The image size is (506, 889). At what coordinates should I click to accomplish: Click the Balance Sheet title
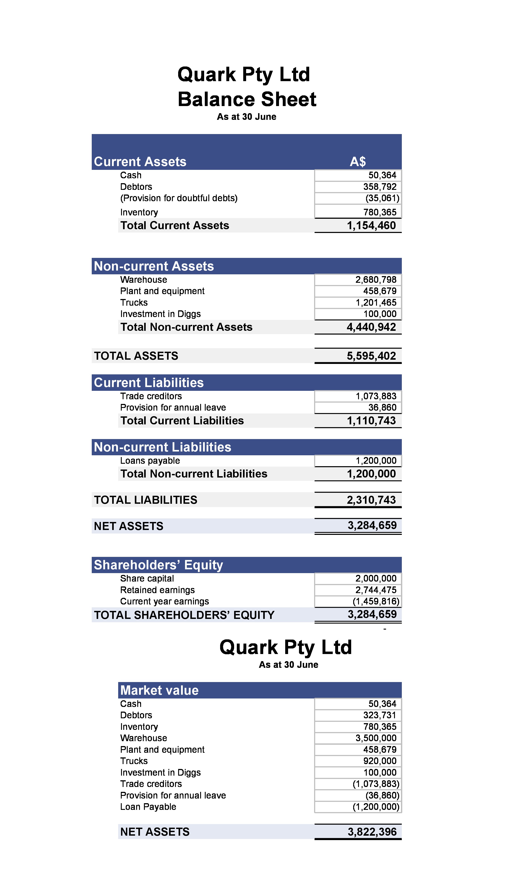(x=247, y=99)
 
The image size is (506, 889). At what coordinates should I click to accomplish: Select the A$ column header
(x=358, y=162)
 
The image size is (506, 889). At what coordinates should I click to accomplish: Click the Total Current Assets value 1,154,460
(x=371, y=226)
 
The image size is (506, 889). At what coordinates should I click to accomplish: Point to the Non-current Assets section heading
(x=154, y=266)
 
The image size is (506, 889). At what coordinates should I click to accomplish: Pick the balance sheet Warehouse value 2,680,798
(x=376, y=280)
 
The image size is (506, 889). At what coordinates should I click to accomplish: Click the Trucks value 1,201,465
(x=376, y=303)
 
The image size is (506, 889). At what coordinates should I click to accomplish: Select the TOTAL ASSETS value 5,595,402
(x=371, y=356)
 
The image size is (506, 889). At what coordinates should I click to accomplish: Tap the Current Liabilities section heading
(x=149, y=383)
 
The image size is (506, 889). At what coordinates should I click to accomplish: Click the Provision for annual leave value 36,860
(x=382, y=408)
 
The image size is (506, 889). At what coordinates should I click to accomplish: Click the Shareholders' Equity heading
(x=158, y=565)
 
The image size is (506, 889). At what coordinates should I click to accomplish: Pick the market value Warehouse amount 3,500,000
(x=376, y=738)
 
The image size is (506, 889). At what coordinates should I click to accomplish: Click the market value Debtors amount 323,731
(x=379, y=715)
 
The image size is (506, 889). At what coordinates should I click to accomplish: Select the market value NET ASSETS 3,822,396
(x=372, y=832)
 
